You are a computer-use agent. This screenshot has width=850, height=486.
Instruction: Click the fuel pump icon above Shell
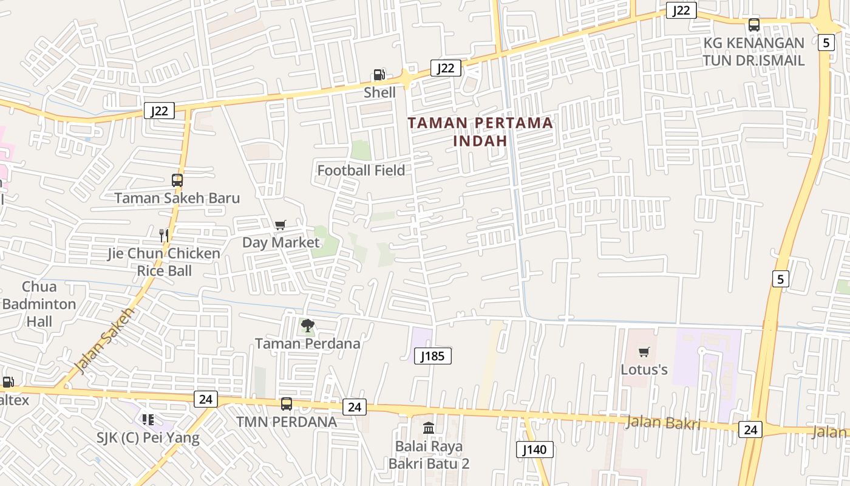tap(379, 75)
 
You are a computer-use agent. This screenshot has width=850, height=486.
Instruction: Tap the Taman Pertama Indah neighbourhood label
tap(480, 131)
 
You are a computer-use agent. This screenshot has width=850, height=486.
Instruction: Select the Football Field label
tap(361, 171)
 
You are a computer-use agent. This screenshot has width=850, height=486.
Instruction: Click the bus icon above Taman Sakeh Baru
tap(177, 180)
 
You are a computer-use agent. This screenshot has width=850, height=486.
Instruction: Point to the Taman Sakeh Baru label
tap(177, 198)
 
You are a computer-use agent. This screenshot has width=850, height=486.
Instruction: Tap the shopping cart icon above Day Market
tap(280, 225)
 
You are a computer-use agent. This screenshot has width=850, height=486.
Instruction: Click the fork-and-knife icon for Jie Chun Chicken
tap(163, 235)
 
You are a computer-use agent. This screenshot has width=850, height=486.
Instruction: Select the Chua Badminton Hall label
tap(39, 304)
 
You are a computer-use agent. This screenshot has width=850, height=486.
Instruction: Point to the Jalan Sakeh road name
tap(103, 340)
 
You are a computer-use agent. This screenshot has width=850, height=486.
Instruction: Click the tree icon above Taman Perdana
tap(308, 326)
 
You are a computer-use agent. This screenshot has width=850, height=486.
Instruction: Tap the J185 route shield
tap(433, 356)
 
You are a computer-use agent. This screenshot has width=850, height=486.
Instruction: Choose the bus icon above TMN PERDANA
tap(286, 404)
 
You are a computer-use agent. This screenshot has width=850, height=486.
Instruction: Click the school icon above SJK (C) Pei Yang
tap(148, 420)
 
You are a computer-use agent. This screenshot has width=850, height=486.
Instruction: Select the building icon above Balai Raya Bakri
tap(429, 428)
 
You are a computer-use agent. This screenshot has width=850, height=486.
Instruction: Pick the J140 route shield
tap(535, 450)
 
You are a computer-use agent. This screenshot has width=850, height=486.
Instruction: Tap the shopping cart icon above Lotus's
tap(644, 352)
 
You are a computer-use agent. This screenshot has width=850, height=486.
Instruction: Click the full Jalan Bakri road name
tap(662, 422)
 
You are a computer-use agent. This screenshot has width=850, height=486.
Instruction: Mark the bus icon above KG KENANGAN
tap(754, 25)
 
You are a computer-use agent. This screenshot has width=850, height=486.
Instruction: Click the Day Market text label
tap(280, 242)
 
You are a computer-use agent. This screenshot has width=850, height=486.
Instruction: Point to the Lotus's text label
tap(644, 369)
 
